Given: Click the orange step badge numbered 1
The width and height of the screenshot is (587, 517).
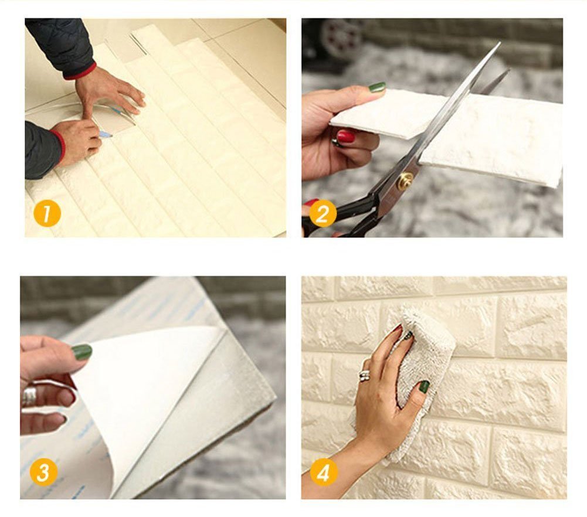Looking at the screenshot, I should point(47,213).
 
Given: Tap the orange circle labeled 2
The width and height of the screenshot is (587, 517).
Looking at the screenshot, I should point(322,213).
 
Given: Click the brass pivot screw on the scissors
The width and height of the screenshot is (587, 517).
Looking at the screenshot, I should point(405,181).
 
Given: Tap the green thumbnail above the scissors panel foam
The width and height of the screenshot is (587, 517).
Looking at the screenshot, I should point(377,87).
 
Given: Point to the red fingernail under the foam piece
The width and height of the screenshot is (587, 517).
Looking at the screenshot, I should point(346,137).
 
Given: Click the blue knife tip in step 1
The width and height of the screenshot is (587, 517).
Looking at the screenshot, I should point(106,134).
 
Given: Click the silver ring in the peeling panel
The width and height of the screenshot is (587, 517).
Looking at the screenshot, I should point(29,396).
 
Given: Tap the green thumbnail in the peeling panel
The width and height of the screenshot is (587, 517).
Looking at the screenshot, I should point(82,352).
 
